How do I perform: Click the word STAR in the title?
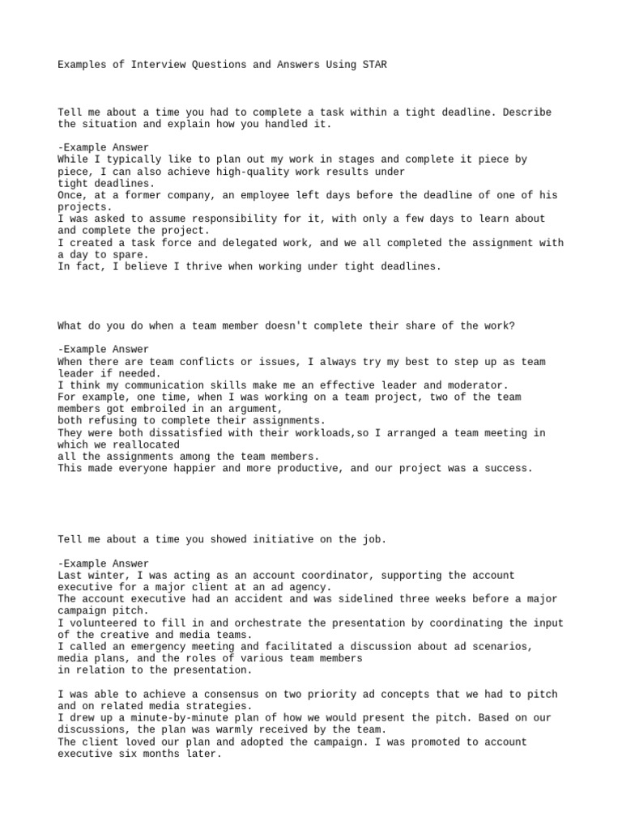click(375, 64)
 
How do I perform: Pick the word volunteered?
click(104, 623)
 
